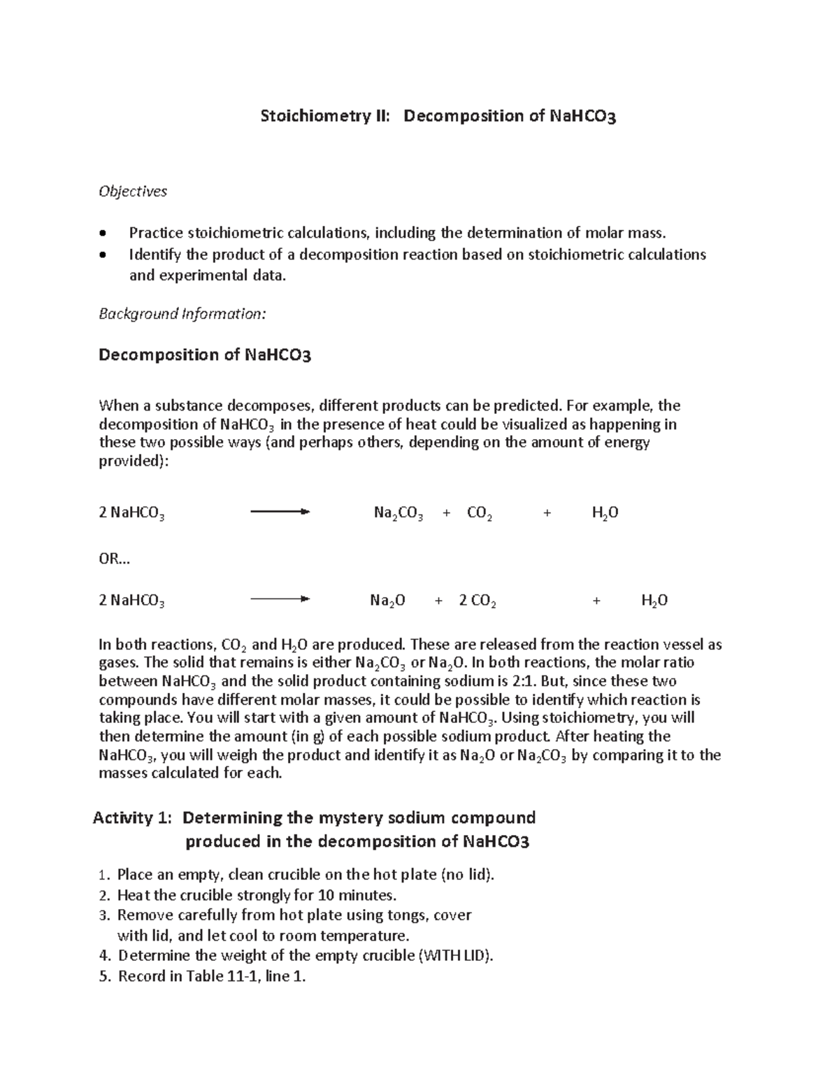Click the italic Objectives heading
pyautogui.click(x=133, y=191)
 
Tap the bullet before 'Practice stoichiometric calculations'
pyautogui.click(x=104, y=234)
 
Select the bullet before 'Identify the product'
pyautogui.click(x=104, y=255)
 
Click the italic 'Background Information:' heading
pyautogui.click(x=182, y=313)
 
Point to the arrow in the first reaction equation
pyautogui.click(x=280, y=513)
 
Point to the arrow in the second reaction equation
pyautogui.click(x=280, y=599)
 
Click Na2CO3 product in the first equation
pyautogui.click(x=398, y=514)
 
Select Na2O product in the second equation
pyautogui.click(x=387, y=601)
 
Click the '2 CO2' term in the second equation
pyautogui.click(x=478, y=601)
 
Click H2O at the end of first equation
pyautogui.click(x=605, y=514)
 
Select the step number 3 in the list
pyautogui.click(x=104, y=915)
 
